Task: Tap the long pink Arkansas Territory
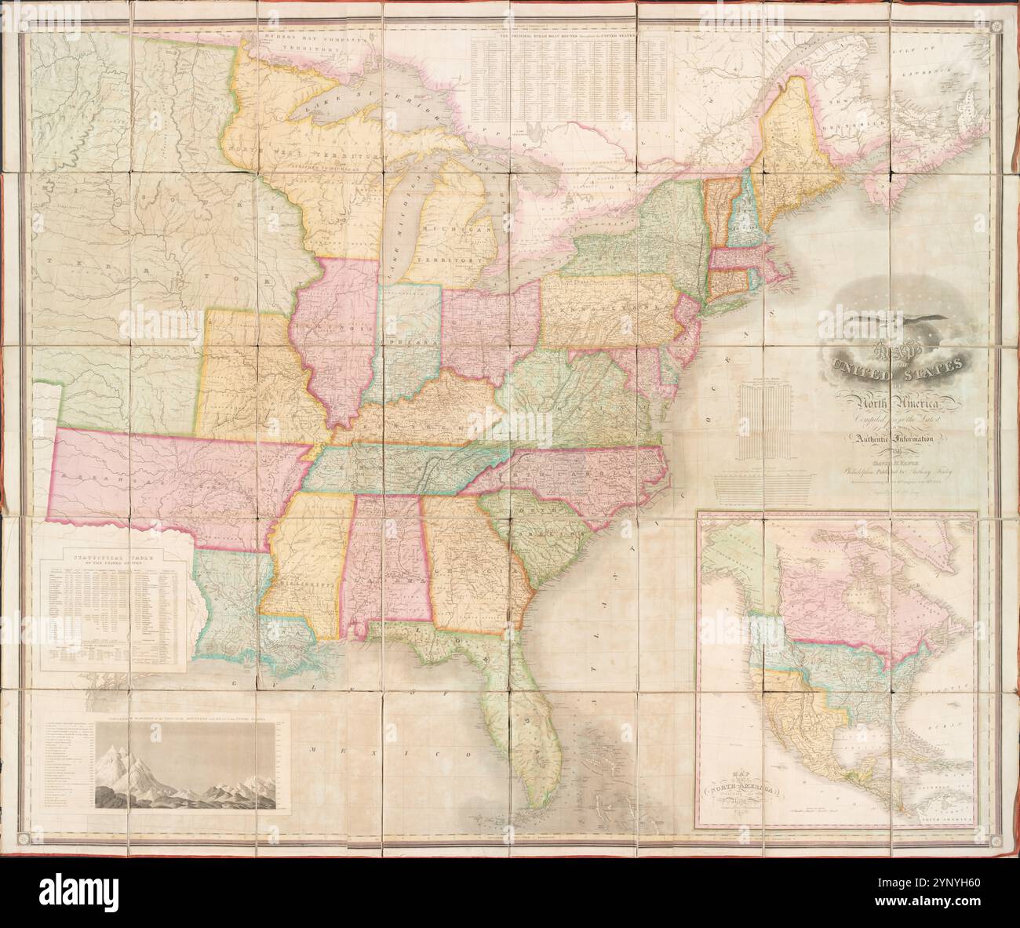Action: tap(173, 479)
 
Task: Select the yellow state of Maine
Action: tap(800, 149)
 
